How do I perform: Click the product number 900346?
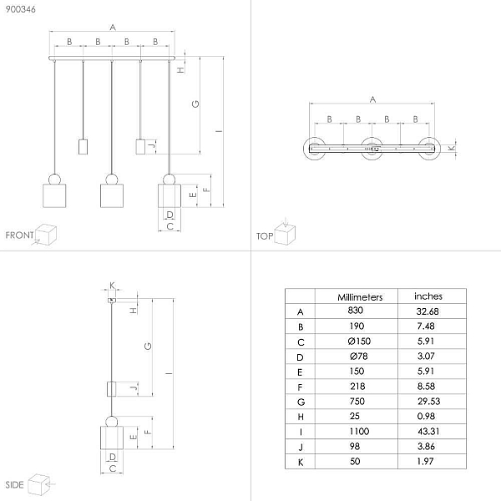20,9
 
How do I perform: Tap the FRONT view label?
19,235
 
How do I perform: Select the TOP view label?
265,236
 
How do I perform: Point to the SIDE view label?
15,484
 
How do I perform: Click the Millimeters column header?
360,297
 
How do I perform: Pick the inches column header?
428,296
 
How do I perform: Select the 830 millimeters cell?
356,311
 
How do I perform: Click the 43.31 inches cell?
428,432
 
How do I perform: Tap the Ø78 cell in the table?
359,356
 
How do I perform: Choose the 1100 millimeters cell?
359,432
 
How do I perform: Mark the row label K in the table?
301,463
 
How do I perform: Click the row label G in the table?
301,402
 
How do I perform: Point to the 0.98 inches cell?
426,417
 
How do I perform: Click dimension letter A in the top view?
372,99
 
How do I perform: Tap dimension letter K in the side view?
112,285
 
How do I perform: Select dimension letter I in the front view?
219,131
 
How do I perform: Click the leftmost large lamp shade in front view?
54,195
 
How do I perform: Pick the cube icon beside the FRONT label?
46,235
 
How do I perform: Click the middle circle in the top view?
372,149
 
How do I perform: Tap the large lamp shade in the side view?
112,438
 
